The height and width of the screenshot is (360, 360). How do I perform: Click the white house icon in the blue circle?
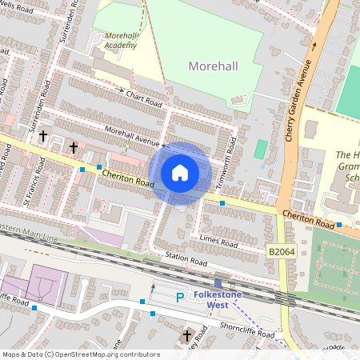[x=180, y=173]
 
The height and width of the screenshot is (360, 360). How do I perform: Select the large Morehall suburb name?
[x=214, y=64]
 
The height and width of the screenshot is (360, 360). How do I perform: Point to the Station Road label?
[x=186, y=262]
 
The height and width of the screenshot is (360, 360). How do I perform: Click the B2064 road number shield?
[x=278, y=252]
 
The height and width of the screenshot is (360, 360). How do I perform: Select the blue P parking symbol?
[x=180, y=298]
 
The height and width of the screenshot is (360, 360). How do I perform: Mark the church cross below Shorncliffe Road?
[x=187, y=335]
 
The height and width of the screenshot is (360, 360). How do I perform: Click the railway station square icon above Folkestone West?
[x=218, y=282]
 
